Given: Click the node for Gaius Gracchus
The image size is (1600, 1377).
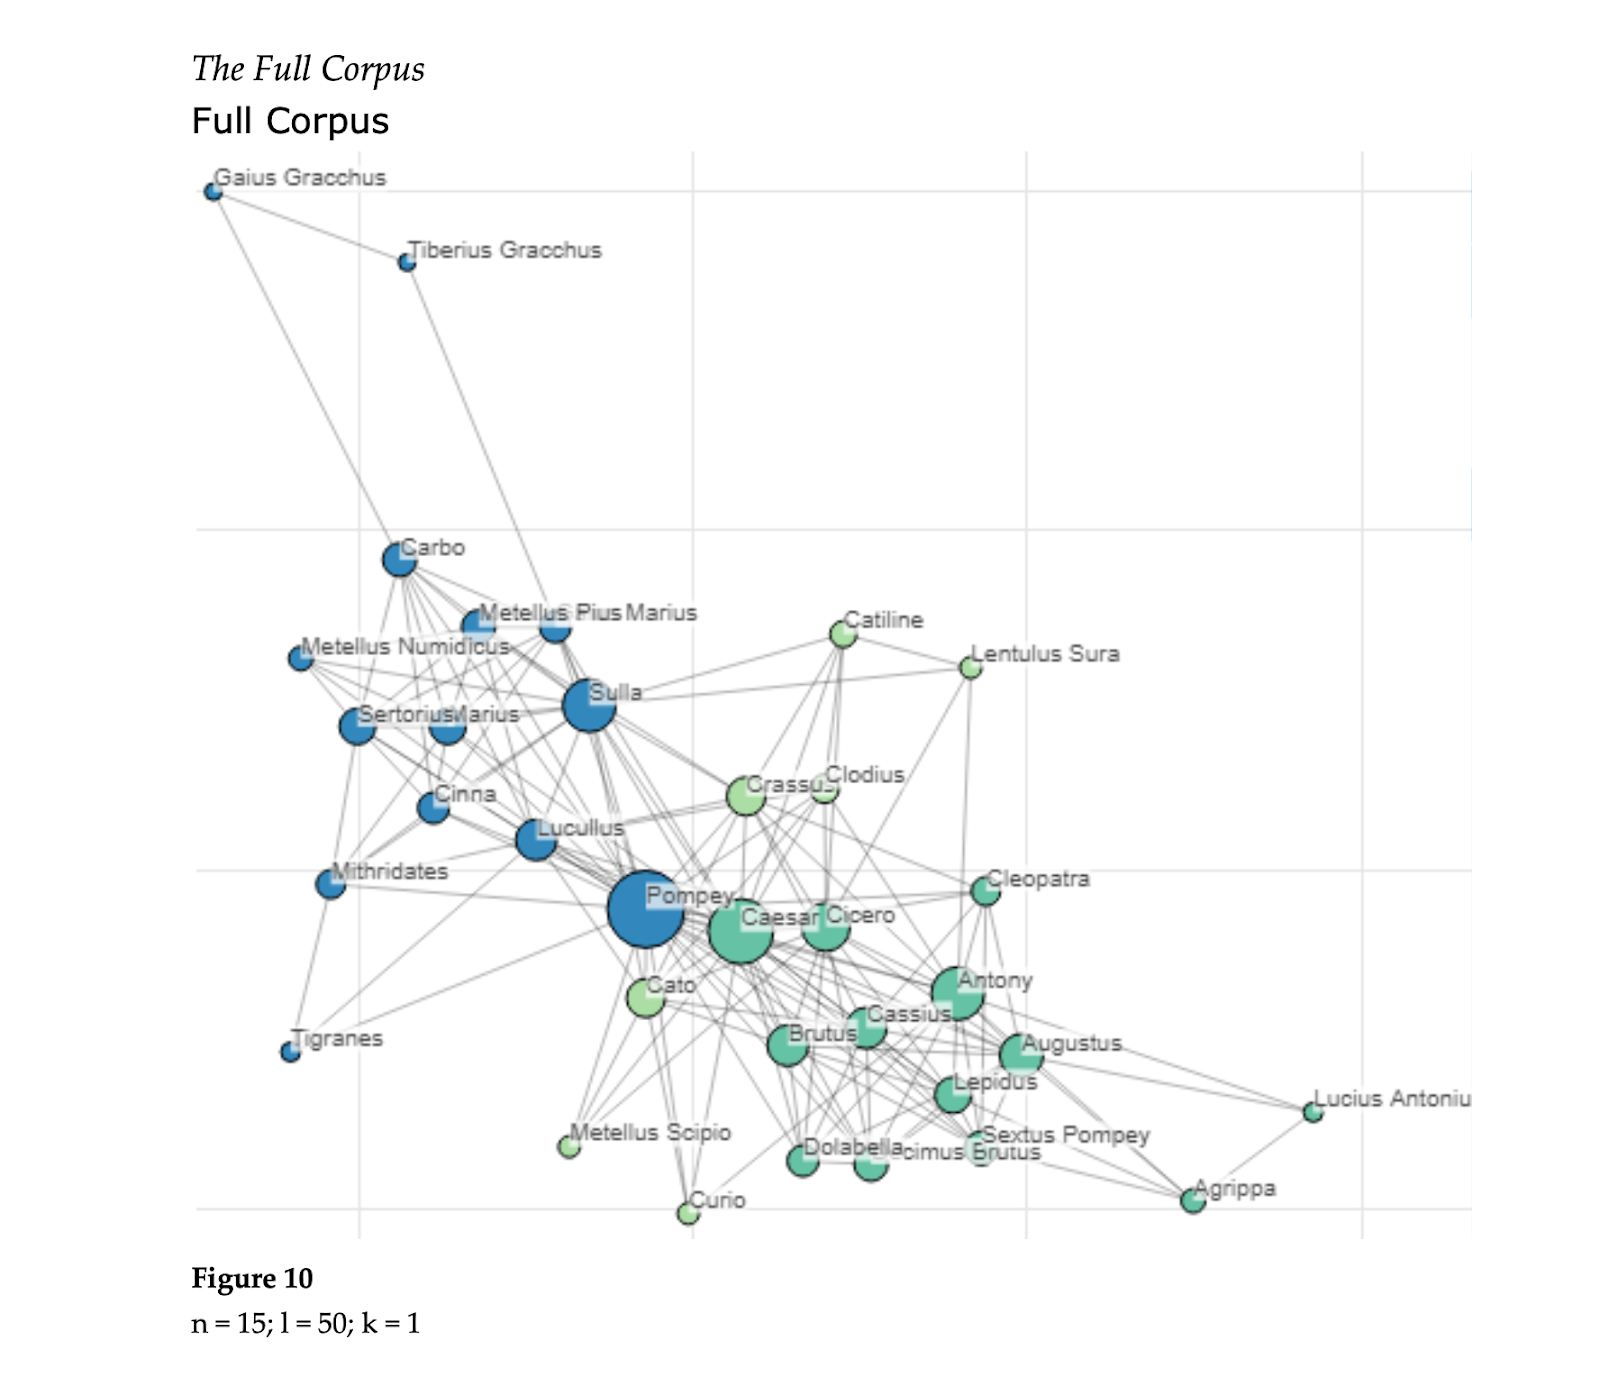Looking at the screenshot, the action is (x=213, y=191).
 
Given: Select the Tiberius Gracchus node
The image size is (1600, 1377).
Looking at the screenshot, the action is (x=407, y=262).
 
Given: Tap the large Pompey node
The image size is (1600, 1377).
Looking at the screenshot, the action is (x=646, y=909).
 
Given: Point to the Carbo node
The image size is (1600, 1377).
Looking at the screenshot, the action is (x=400, y=560).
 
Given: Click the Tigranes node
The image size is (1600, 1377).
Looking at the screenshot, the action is (x=290, y=1052).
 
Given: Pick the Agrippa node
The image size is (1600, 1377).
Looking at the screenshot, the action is (x=1193, y=1200).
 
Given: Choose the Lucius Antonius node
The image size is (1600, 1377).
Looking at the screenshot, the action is (x=1313, y=1112).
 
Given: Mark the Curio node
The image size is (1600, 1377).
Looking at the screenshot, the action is (x=688, y=1213).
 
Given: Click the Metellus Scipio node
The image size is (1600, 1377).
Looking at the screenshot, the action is (x=569, y=1146).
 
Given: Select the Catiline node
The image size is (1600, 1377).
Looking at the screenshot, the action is (x=843, y=633).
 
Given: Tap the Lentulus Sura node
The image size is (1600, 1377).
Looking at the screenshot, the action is (x=970, y=667).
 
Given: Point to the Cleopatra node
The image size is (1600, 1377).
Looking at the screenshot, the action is (x=986, y=891).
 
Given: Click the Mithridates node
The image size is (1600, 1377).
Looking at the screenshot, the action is (x=330, y=884).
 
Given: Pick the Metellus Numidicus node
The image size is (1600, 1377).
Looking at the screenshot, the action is (x=301, y=658).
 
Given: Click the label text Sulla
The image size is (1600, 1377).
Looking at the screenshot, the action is (x=615, y=692).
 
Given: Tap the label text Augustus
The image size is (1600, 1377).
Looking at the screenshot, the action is (x=1072, y=1043).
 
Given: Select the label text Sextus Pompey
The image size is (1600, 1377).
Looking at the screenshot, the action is (x=1066, y=1135).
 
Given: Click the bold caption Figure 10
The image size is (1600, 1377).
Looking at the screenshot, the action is (x=252, y=1278).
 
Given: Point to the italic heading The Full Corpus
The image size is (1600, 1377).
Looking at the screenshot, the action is (x=308, y=68).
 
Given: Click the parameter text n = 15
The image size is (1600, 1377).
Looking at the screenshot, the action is (x=229, y=1323).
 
